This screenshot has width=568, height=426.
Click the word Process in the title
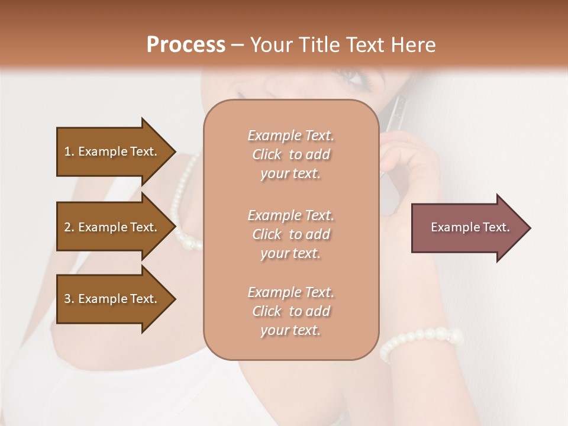click(x=186, y=45)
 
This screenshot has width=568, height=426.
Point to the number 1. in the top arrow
click(x=69, y=152)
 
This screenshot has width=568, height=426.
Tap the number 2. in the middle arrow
click(x=69, y=228)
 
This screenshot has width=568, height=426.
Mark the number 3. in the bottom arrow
click(x=69, y=299)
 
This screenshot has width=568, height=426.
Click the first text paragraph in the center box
click(x=291, y=154)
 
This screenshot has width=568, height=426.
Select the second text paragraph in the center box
click(x=291, y=234)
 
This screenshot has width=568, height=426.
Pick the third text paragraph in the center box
click(x=291, y=311)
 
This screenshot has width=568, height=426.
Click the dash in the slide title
click(x=237, y=46)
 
